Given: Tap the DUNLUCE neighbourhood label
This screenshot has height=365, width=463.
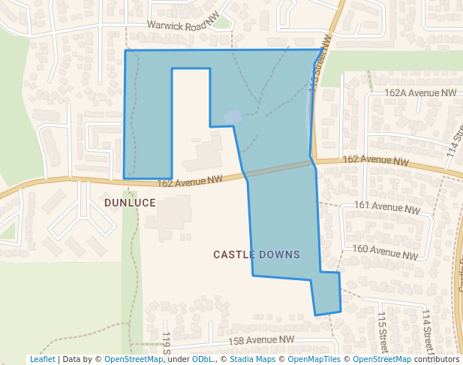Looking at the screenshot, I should coord(130,203).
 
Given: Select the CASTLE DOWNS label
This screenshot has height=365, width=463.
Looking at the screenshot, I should coord(257,255).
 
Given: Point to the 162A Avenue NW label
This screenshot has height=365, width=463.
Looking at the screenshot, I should coord(420,93).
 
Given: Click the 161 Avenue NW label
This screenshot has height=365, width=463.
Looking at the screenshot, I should coord(386,207).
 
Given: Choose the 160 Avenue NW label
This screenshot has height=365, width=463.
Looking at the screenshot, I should coord(385,252).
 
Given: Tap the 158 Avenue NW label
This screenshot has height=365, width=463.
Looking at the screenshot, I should coord(262,340).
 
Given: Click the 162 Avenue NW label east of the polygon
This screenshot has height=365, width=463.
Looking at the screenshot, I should coord(375,161).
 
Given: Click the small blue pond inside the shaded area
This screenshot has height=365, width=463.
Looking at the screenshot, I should coord(233,116).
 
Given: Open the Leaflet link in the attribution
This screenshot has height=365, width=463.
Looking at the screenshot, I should coord(43,359).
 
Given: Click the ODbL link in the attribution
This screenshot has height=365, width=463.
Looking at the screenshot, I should coord(203,359).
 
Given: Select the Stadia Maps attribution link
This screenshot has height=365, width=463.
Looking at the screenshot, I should coord(252,359).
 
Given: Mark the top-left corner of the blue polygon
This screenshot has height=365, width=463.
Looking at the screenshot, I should coord(125,50).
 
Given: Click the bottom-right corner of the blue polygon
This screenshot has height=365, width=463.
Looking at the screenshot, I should coord(341,310).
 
